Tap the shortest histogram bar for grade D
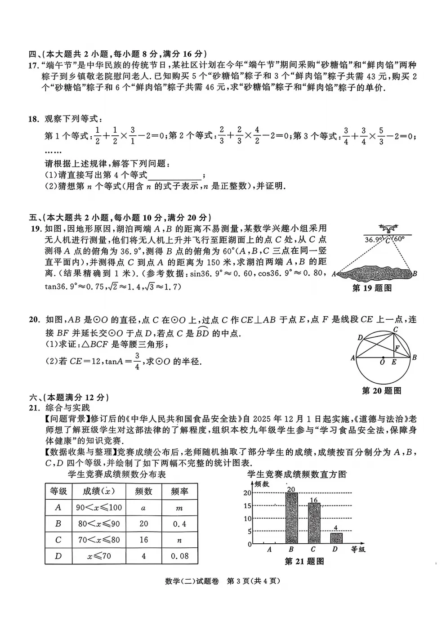pos(336,538)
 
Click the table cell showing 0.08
pos(179,556)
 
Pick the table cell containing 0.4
pos(179,524)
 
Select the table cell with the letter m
pos(179,508)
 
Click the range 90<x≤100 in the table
pos(99,508)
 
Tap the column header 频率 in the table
pos(179,492)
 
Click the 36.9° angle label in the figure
pos(373,240)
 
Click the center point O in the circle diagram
pos(383,358)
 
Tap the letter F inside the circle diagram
pos(397,348)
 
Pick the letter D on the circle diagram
pos(360,338)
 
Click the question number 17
pos(33,65)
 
